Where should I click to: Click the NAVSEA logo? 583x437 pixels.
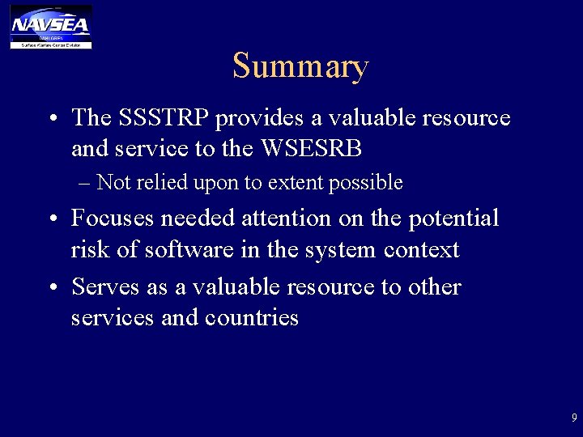50,26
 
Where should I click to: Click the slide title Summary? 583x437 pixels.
300,66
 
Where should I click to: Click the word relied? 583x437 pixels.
160,183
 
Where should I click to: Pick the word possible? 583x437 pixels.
365,184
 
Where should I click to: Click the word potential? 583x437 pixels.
453,218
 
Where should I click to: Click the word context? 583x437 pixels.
421,249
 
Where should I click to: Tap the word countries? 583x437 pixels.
252,318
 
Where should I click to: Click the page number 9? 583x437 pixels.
574,418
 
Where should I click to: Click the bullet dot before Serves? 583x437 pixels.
51,288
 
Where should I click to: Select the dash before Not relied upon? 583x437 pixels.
85,184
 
